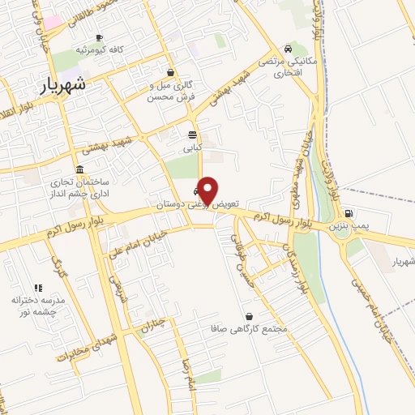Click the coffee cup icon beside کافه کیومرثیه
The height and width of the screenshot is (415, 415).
point(99,37)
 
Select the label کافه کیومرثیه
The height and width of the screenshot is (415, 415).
point(99,50)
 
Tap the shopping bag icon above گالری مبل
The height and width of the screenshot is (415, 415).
point(169,71)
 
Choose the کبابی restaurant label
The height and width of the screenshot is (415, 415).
point(192,148)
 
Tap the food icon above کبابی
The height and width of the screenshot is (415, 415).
point(192,135)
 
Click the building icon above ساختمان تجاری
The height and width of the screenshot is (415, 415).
point(79,169)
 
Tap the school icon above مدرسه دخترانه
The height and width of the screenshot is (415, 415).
point(37,287)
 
